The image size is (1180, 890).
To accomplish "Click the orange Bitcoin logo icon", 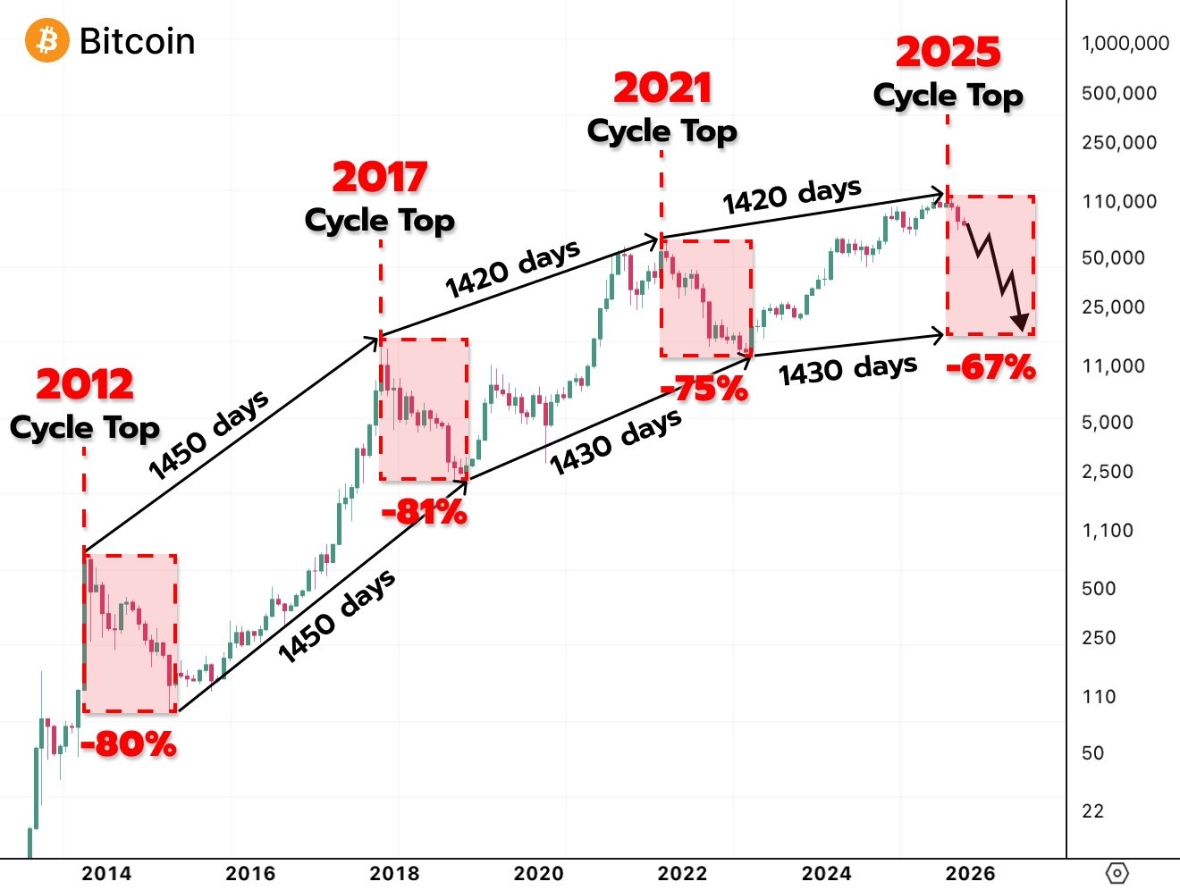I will tap(46, 41).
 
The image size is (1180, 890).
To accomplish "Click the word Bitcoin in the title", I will tap(137, 41).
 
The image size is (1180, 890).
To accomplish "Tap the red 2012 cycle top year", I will tap(85, 384).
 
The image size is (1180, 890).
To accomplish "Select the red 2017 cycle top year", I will tap(380, 177).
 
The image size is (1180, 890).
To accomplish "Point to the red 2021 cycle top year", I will tap(662, 88).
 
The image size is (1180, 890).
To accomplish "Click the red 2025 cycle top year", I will tap(948, 53).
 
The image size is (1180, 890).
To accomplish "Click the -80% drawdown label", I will tap(129, 743).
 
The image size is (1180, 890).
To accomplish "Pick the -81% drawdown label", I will tap(424, 512).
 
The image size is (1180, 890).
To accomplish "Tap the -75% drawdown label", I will tap(704, 389).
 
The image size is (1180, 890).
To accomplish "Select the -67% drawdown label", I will tap(990, 366).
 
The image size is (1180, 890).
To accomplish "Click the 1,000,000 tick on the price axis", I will tap(1125, 43).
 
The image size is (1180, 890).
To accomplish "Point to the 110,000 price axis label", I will tap(1118, 201).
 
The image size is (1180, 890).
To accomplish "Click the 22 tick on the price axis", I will tap(1092, 810).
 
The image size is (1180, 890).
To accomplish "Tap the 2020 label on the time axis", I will tap(538, 873).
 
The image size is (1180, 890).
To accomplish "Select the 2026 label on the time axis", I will tap(970, 873).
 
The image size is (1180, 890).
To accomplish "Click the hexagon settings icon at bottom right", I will tap(1117, 873).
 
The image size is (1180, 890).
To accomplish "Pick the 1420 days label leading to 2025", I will tap(792, 196).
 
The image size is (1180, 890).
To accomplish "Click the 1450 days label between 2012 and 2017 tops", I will tap(208, 434).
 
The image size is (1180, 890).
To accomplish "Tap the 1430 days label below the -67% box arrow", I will tap(847, 369).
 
